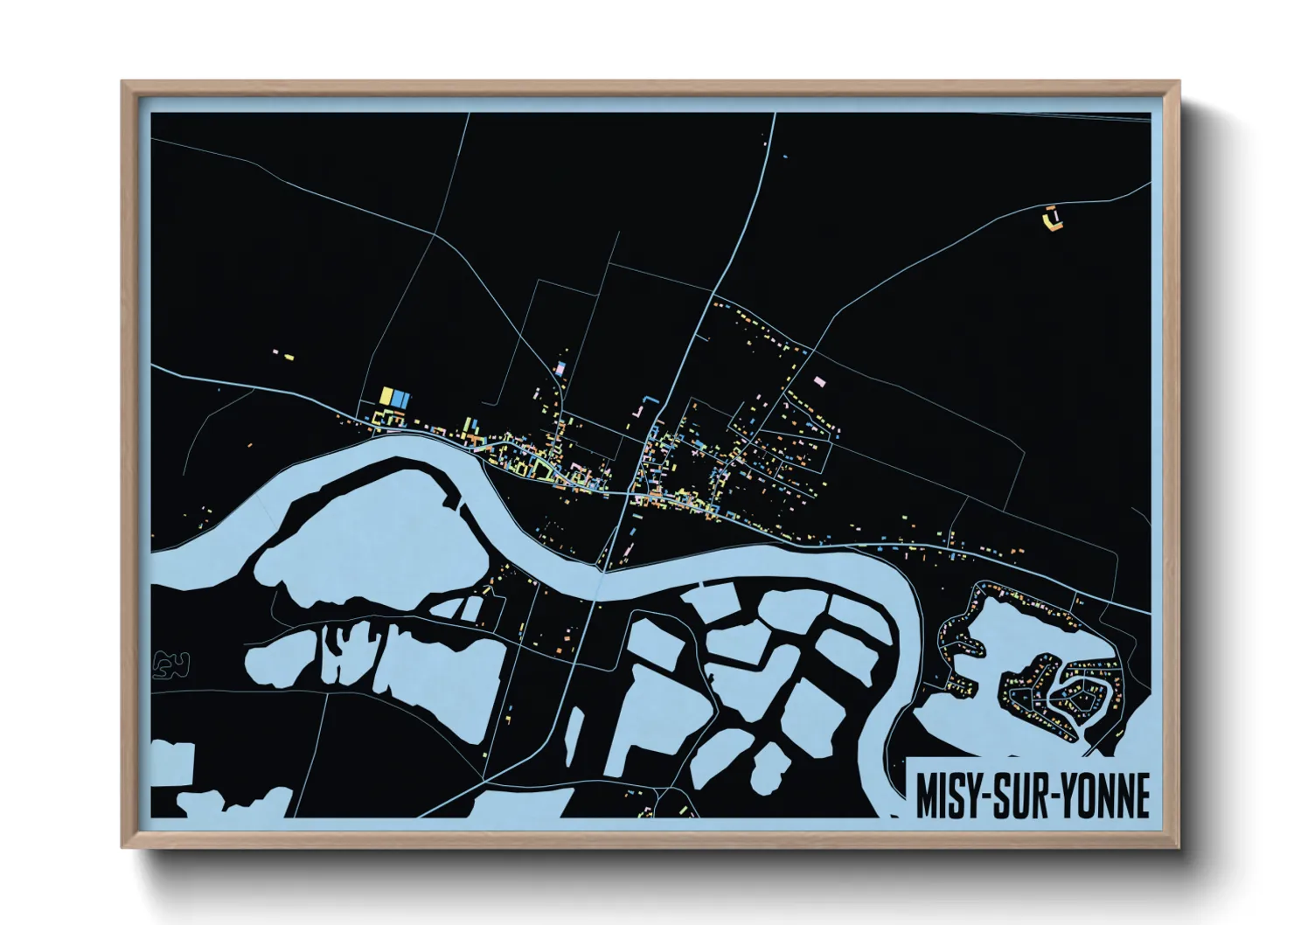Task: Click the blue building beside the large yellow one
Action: [x=400, y=398]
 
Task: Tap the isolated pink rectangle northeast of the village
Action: [x=819, y=381]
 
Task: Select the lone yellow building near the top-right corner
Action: [x=1052, y=218]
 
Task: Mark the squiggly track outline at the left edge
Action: [x=170, y=664]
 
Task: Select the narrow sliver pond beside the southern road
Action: [x=574, y=734]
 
